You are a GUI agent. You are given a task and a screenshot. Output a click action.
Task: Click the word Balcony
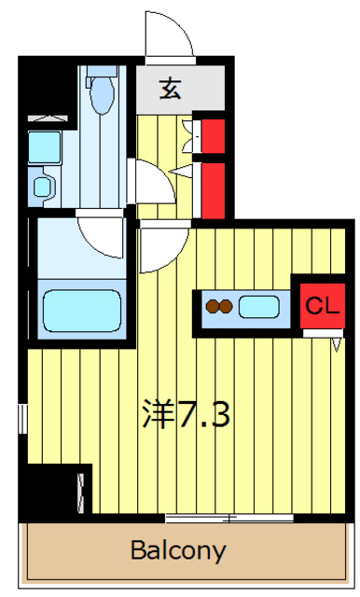(178, 550)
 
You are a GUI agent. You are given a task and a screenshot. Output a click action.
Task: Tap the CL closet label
(323, 305)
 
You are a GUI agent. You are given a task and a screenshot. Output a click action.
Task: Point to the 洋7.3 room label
(187, 414)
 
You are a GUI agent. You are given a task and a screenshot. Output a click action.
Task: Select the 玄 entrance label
(170, 90)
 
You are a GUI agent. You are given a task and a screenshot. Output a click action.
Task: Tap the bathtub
(82, 311)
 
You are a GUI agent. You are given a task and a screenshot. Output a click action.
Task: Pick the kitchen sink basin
(258, 307)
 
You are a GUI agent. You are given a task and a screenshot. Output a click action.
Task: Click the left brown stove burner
(212, 306)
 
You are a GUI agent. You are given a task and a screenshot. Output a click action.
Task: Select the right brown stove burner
(226, 306)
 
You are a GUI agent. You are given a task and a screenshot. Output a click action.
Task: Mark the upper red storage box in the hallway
(213, 136)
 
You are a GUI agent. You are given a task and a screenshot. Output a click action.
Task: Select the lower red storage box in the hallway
(213, 190)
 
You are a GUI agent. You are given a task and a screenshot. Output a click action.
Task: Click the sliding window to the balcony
(229, 518)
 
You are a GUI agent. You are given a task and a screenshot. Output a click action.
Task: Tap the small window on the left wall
(23, 419)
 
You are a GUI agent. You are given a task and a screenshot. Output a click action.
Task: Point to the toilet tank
(102, 72)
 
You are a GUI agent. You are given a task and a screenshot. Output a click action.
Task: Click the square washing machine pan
(45, 147)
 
